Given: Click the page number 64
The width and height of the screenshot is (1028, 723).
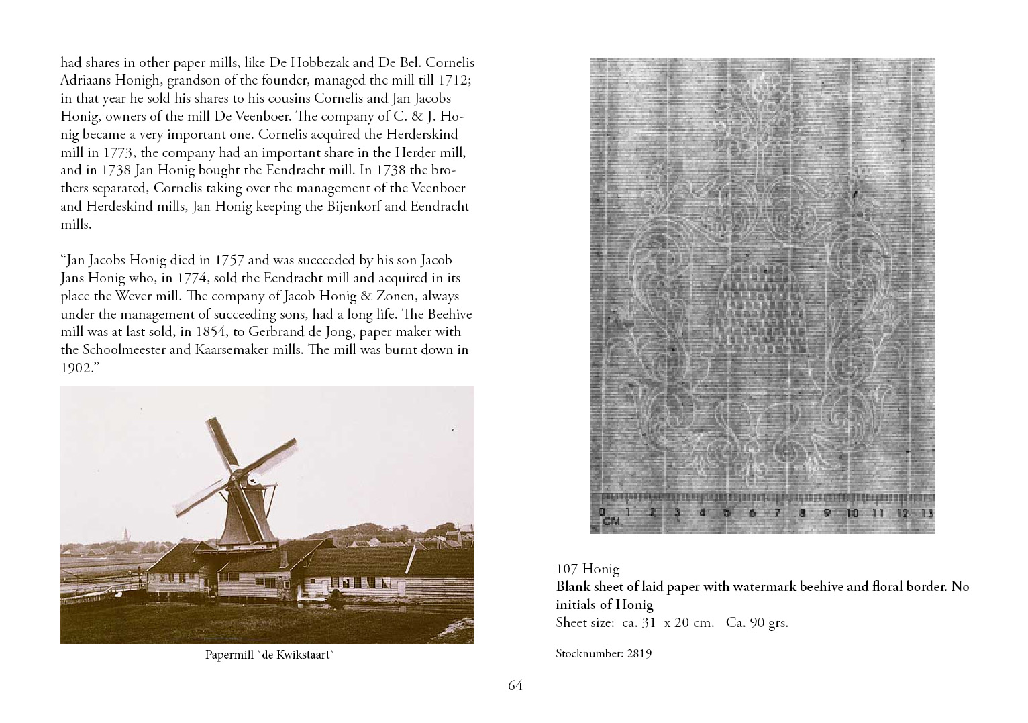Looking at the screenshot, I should [515, 685].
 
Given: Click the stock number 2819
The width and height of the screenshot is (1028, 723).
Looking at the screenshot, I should [639, 653].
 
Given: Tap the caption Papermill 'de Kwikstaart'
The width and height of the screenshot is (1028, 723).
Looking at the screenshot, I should [269, 655].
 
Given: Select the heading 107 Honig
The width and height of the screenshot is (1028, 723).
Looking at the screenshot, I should [587, 569].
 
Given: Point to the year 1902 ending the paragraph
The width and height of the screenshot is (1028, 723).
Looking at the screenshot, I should [76, 368].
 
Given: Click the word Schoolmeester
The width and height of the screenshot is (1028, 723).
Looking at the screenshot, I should [125, 349].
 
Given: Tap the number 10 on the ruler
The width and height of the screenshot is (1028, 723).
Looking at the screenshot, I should [852, 513].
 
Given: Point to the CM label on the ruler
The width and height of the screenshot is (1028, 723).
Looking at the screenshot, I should [611, 521].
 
